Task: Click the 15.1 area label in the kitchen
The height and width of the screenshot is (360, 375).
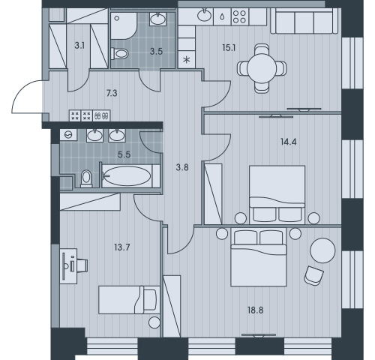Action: pos(229,47)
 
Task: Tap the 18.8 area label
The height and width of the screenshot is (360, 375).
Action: pos(255,310)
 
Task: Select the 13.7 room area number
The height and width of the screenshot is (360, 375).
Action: pos(122,247)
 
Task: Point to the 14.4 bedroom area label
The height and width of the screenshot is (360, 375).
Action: pos(288,142)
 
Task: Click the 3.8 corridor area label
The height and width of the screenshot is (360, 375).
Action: pos(182,167)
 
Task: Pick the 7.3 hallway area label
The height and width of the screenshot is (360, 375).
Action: pos(112,93)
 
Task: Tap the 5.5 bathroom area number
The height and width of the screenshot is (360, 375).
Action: pos(124,154)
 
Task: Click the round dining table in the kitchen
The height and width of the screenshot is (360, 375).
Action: pos(262,68)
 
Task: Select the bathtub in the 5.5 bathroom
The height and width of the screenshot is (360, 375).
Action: pos(130,175)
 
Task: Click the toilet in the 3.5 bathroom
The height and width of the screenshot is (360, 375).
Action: pos(119,53)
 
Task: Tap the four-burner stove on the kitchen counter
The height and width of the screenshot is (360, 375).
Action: pos(240,16)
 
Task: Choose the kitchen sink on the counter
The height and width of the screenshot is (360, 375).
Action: pos(204,15)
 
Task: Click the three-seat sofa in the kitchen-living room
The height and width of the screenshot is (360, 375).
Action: pos(304,21)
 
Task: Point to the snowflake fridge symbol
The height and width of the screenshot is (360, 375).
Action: pos(186,60)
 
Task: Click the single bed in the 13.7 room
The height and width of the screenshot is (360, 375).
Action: pos(129,300)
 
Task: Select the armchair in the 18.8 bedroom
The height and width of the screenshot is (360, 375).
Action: pos(314,275)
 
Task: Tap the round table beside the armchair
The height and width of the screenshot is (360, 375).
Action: pos(322,250)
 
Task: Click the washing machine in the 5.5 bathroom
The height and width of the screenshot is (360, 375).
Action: pos(68,135)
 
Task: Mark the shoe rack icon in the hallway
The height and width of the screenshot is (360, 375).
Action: pos(101,115)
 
